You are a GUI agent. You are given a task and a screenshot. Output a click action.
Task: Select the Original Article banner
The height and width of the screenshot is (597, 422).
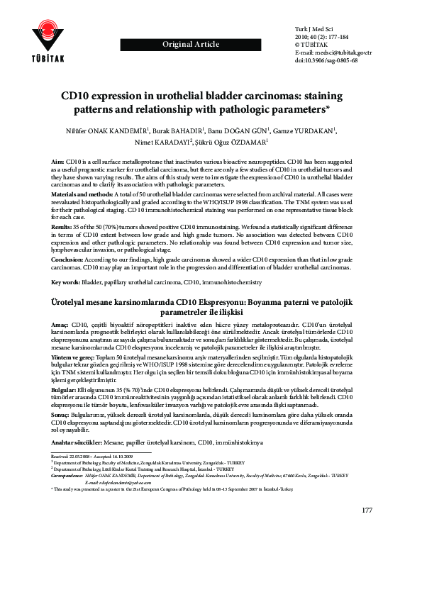[191, 45]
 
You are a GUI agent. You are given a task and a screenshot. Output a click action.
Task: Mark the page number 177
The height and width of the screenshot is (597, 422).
[367, 551]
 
